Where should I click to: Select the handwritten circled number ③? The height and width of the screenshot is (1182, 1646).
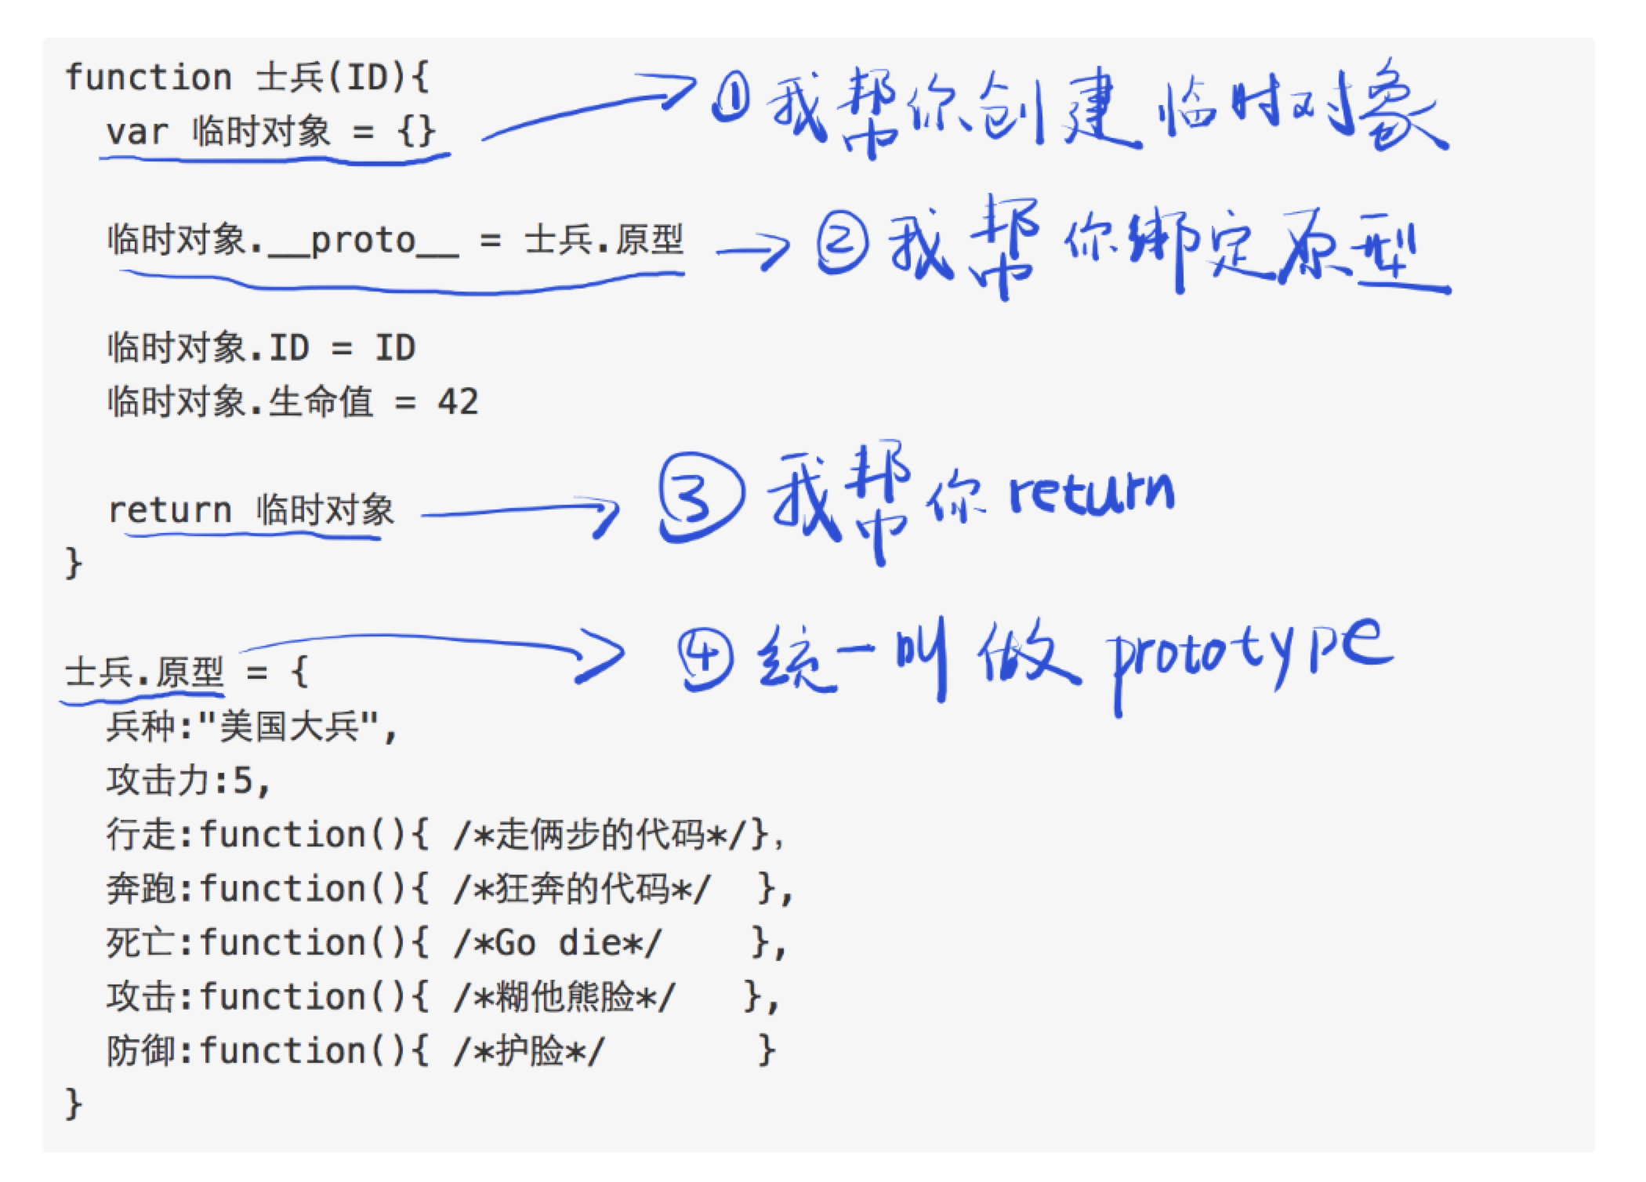[700, 500]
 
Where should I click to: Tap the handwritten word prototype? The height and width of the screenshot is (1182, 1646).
[1250, 658]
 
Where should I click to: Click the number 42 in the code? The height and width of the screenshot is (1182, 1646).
[458, 403]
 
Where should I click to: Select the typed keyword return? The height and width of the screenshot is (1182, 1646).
[169, 510]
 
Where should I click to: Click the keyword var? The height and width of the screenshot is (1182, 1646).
[137, 131]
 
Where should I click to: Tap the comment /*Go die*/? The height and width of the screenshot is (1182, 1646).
[557, 943]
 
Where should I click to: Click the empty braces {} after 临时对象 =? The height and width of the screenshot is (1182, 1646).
[416, 131]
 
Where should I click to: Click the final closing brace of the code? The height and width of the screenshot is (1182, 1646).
[74, 1104]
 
